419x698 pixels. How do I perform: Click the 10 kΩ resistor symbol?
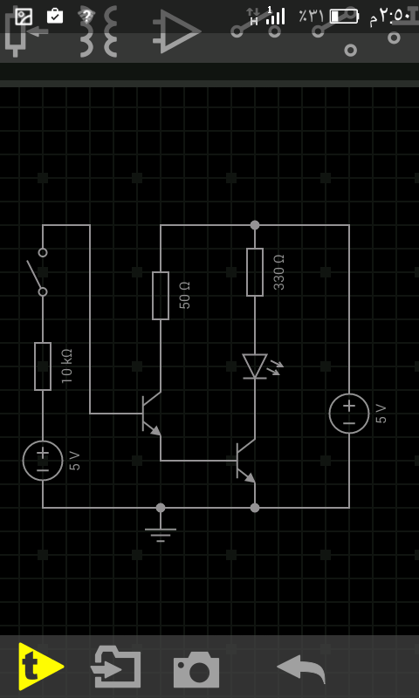tap(43, 366)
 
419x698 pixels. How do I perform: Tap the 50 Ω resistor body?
tap(161, 296)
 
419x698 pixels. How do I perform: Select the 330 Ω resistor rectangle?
tap(255, 272)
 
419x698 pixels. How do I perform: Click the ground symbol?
tap(161, 532)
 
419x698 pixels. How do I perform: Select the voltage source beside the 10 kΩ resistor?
tap(43, 461)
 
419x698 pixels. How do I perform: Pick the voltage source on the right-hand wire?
tap(349, 414)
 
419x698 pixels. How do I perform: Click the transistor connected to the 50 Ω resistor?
tap(151, 414)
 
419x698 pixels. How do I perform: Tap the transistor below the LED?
tap(246, 462)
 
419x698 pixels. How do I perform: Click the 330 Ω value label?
tap(278, 272)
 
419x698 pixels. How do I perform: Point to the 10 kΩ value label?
tap(66, 366)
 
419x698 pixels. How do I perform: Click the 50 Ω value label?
tap(184, 295)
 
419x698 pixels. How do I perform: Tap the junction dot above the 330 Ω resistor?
tap(255, 225)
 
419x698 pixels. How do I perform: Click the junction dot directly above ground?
tap(161, 508)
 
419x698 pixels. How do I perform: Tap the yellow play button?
tap(41, 667)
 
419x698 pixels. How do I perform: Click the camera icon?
tap(196, 669)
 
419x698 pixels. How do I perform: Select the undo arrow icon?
tap(301, 668)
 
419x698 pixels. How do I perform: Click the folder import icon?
tap(115, 667)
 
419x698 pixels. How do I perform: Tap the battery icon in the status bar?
tap(344, 17)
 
